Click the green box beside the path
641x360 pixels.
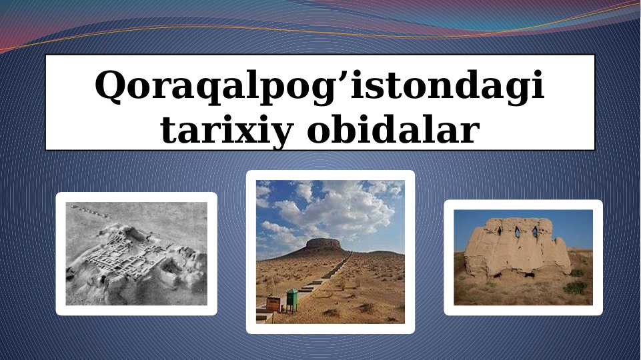pyautogui.click(x=291, y=299)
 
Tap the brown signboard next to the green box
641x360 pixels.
pyautogui.click(x=273, y=303)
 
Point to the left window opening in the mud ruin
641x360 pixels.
pyautogui.click(x=499, y=231)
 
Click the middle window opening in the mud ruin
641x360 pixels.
pyautogui.click(x=517, y=231)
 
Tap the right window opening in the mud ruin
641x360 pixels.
pyautogui.click(x=534, y=232)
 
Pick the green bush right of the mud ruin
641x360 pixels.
pyautogui.click(x=575, y=287)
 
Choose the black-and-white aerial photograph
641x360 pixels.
pyautogui.click(x=136, y=253)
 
